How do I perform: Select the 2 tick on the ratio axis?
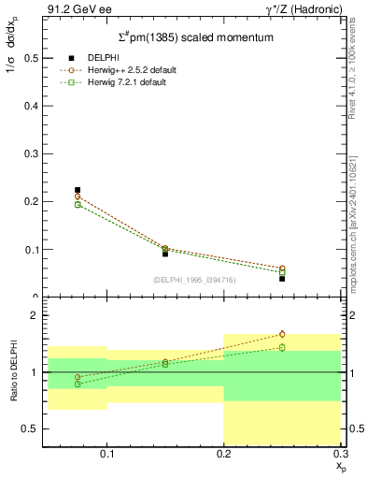point(34,315)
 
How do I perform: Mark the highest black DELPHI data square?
point(78,190)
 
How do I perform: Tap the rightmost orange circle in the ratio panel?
point(282,334)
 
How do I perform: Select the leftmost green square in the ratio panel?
point(78,384)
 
